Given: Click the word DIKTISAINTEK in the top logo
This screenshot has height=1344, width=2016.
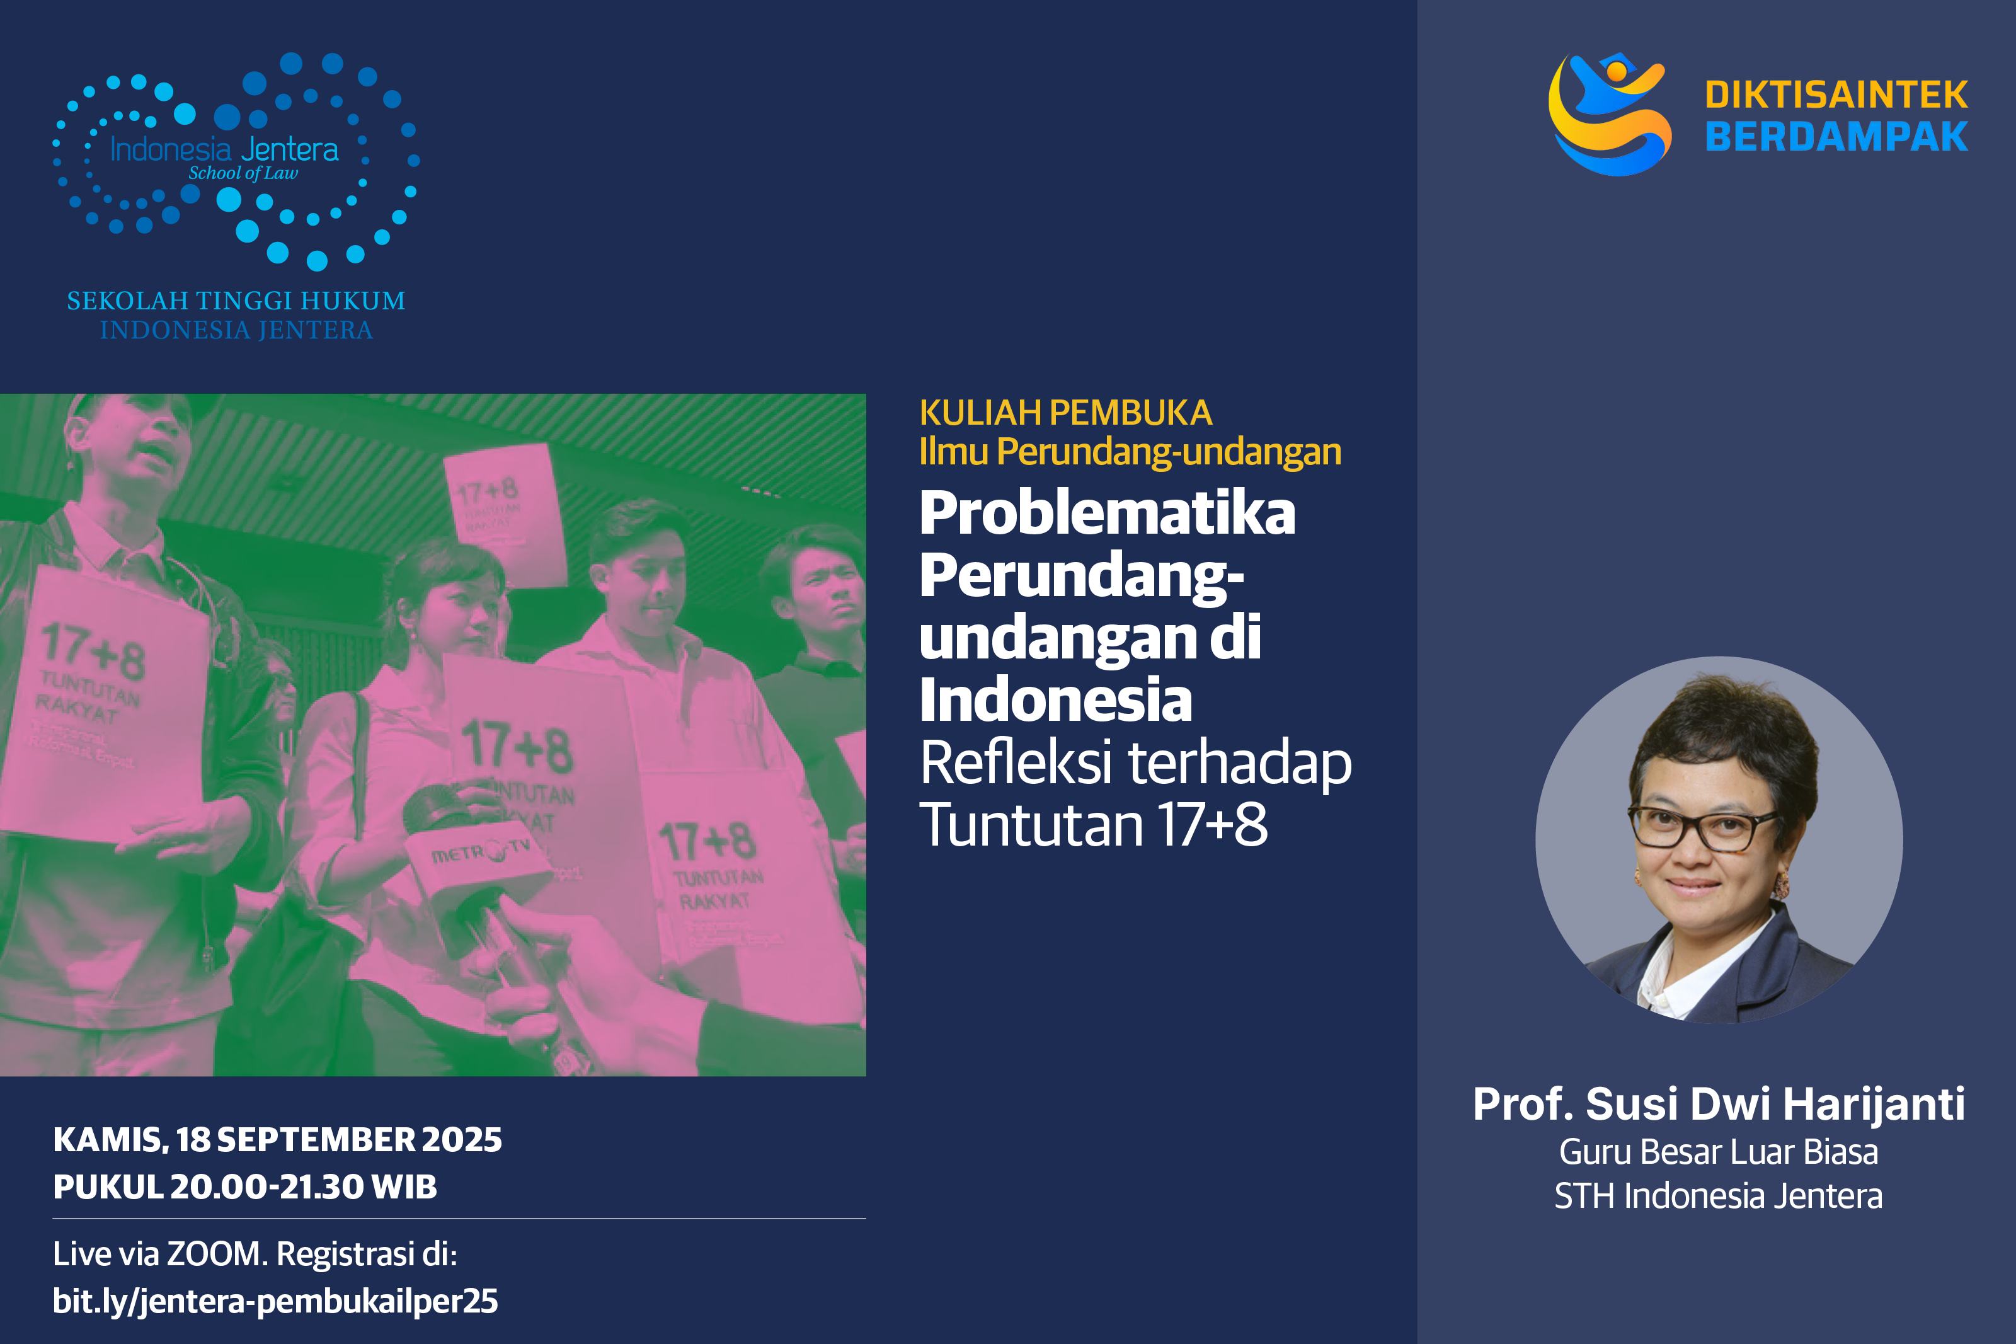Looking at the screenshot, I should click(1835, 95).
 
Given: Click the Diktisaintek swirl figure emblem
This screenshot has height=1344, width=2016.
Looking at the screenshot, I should click(1608, 114).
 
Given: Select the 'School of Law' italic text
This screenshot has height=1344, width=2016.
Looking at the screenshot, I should click(243, 173).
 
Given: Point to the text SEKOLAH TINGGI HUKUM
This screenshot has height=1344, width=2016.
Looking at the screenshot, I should click(236, 301).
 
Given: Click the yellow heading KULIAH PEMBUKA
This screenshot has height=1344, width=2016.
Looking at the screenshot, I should click(1065, 413).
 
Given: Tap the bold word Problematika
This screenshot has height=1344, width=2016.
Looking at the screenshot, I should click(1106, 514).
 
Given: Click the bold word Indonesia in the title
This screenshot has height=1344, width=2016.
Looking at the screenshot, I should click(1055, 700).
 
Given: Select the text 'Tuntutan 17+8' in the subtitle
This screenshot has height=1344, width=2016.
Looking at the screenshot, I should click(1092, 825).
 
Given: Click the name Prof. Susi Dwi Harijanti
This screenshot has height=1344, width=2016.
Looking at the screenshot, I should click(1718, 1104).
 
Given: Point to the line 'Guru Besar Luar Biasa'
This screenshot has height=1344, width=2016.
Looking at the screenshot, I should click(1718, 1152).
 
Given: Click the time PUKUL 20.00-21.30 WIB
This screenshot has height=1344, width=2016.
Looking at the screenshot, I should click(244, 1187).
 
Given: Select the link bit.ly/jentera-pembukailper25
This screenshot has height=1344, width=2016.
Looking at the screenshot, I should click(275, 1301).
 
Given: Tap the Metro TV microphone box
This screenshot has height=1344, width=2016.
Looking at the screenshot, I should click(480, 857).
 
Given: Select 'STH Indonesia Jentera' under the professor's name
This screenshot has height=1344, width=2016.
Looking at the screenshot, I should click(1718, 1197).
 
